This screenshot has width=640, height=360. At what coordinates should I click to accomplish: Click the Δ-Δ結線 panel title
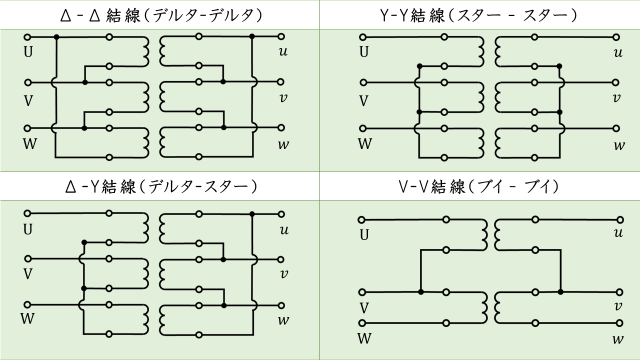coord(159,15)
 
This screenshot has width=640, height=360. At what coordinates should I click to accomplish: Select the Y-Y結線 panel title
coord(479,15)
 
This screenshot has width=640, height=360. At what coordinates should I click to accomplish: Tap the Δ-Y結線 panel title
coord(159,187)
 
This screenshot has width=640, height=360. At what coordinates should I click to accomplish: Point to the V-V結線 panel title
coord(479,187)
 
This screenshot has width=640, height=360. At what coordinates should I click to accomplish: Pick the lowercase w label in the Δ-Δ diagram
coord(283,145)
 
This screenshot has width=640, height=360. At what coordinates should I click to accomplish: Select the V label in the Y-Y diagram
coord(364,101)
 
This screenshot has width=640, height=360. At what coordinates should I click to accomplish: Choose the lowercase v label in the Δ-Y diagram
coord(283,274)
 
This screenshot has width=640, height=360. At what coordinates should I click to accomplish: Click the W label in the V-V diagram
coord(364,338)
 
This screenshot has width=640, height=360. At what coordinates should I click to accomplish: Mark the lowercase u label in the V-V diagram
coord(618,233)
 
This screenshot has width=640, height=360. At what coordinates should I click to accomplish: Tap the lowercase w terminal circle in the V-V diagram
coord(620,323)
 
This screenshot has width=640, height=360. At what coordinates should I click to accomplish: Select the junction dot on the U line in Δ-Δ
coord(56,37)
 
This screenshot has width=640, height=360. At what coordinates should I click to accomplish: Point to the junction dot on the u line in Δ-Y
coord(252,214)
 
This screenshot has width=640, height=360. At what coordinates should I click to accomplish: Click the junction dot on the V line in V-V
coord(421,291)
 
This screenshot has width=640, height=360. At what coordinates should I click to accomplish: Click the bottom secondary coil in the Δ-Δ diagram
coord(163,142)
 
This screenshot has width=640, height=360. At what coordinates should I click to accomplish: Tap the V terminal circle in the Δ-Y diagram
coord(28,259)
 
